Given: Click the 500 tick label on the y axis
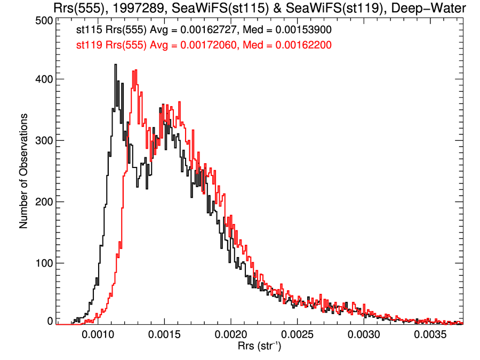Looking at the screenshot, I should point(43,20).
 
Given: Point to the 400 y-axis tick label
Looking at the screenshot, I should point(43,79).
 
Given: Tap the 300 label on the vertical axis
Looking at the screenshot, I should point(43,140).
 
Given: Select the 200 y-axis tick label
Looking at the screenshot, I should point(43,202).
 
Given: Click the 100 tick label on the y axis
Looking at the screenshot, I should point(43,263).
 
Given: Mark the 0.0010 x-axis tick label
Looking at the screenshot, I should point(98,335).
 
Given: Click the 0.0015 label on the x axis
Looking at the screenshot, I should point(165,335).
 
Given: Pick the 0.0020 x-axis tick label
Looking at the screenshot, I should point(231,335).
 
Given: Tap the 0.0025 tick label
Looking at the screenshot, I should point(298,335).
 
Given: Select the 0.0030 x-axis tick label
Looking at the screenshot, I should point(365,335).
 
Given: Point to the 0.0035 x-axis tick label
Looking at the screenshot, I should point(431,335).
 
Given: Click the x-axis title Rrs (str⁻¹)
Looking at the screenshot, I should point(260,348).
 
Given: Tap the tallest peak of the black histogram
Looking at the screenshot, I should point(115,65).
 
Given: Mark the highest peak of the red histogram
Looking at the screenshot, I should point(136,70).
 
